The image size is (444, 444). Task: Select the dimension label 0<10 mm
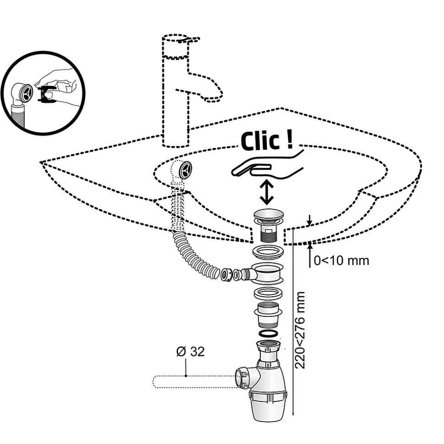pos(341,261)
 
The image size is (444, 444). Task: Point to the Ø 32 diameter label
pos(190,352)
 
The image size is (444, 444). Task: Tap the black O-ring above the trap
pos(267,333)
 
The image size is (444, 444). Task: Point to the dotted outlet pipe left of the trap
pos(192,381)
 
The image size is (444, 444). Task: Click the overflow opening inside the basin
pos(186,171)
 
